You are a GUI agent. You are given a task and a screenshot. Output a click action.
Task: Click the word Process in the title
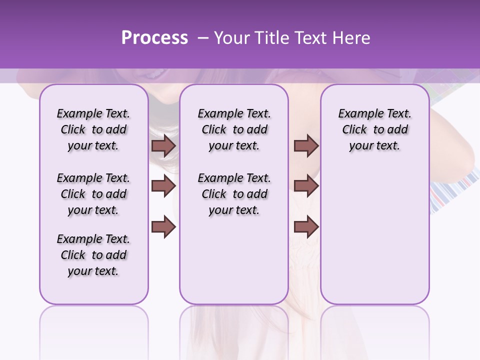[154, 38]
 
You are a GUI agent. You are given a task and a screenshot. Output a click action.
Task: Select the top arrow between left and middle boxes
[163, 146]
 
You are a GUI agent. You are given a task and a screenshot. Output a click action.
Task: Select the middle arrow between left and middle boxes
[163, 186]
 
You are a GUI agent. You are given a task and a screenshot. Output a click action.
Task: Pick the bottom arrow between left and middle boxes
[163, 226]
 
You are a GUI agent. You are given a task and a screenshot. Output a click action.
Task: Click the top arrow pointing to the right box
[306, 146]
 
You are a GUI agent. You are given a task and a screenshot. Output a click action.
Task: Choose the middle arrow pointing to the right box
[306, 186]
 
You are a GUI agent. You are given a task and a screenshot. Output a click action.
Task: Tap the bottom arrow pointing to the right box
[306, 226]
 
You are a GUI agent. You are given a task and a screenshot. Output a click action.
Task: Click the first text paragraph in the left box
[93, 129]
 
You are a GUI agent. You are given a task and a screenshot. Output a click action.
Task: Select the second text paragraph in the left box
[93, 194]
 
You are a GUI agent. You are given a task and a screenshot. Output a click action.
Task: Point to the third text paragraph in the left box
[93, 255]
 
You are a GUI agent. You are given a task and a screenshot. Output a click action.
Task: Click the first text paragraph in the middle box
[234, 129]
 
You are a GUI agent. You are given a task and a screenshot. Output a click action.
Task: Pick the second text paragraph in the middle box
[234, 194]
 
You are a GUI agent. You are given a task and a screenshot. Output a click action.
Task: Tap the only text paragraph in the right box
[374, 129]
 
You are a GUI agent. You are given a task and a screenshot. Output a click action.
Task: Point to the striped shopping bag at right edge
[452, 192]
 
